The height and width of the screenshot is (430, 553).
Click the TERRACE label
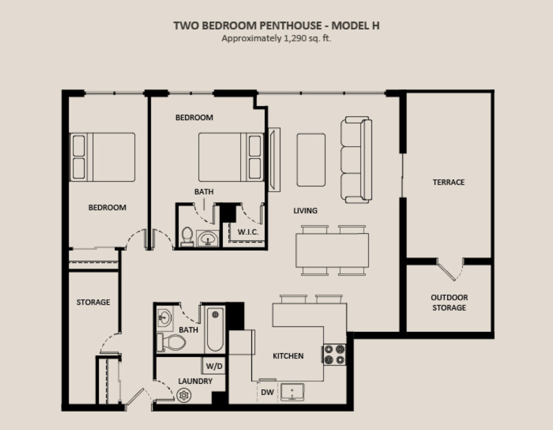pyautogui.click(x=448, y=182)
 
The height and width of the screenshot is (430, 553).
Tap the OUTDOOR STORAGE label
pyautogui.click(x=449, y=302)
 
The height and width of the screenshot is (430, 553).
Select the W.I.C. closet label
pyautogui.click(x=248, y=232)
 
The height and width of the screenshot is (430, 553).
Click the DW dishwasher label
pyautogui.click(x=267, y=392)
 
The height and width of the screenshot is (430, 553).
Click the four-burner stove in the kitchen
pyautogui.click(x=334, y=354)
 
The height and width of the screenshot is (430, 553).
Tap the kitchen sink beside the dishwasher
pyautogui.click(x=292, y=392)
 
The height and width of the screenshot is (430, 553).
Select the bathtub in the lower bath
pyautogui.click(x=215, y=329)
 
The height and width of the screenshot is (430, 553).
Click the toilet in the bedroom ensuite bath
pyautogui.click(x=187, y=237)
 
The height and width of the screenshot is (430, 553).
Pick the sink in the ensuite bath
pyautogui.click(x=208, y=239)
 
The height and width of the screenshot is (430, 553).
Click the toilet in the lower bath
pyautogui.click(x=171, y=342)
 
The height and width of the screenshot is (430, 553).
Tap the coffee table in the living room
pyautogui.click(x=311, y=160)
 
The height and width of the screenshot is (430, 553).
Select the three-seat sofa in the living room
pyautogui.click(x=356, y=160)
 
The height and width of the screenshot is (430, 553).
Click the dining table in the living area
pyautogui.click(x=332, y=250)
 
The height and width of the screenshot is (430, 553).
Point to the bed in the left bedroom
pyautogui.click(x=102, y=157)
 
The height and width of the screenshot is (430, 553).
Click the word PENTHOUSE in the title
pyautogui.click(x=290, y=26)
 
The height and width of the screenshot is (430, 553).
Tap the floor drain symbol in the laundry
pyautogui.click(x=184, y=395)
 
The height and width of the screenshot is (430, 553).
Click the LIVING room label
pyautogui.click(x=305, y=211)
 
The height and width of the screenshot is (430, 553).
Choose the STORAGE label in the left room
pyautogui.click(x=93, y=302)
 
